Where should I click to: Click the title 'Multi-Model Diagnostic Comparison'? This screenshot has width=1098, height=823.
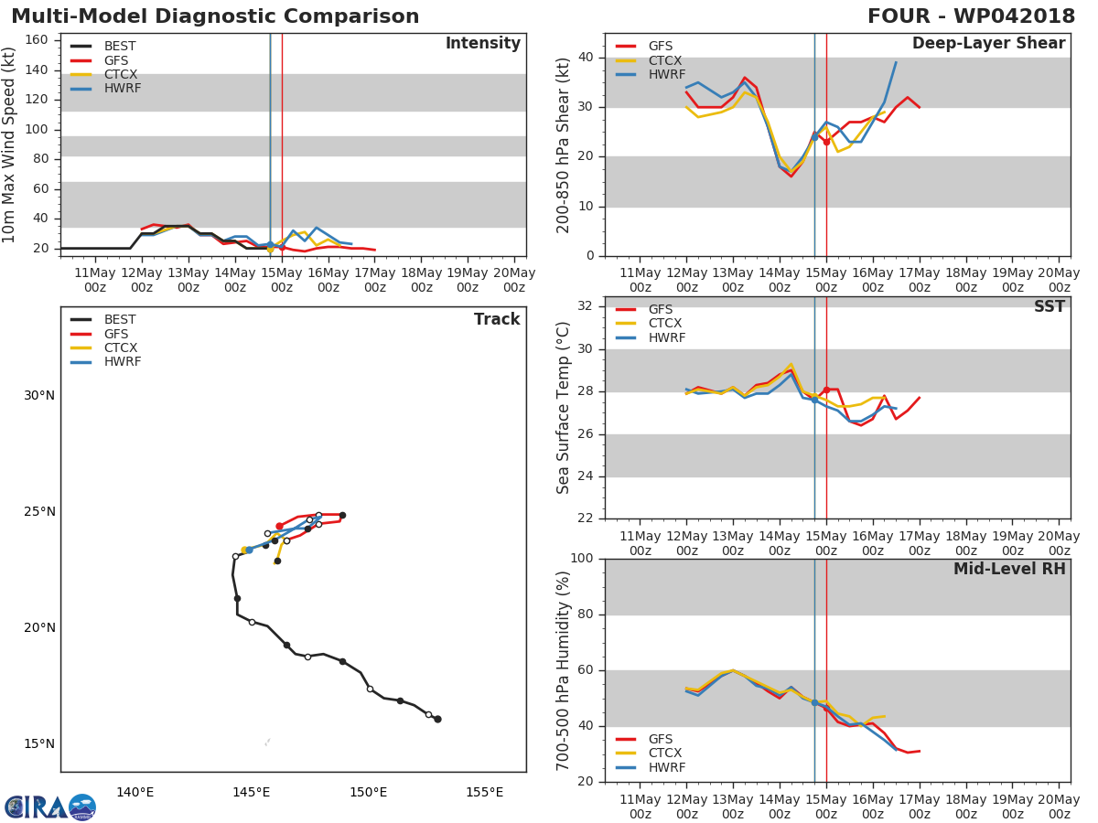point(215,16)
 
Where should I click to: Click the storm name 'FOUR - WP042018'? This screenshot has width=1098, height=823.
point(972,16)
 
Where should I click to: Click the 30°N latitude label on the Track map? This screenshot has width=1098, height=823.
point(39,396)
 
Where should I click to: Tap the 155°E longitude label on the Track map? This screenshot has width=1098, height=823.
point(484,792)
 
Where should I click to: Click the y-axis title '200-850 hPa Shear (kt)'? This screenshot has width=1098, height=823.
point(564,144)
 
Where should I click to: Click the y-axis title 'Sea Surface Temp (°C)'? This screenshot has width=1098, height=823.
point(564,407)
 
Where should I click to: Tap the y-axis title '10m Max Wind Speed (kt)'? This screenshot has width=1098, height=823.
point(10,144)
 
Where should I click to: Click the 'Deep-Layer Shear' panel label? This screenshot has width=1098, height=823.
point(988,44)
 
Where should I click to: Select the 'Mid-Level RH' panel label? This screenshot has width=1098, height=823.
point(1009,570)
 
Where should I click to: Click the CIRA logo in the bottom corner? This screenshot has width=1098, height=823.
point(50,807)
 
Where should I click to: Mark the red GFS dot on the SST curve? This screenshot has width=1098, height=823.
point(826,390)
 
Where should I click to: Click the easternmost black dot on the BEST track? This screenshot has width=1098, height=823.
point(437,719)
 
